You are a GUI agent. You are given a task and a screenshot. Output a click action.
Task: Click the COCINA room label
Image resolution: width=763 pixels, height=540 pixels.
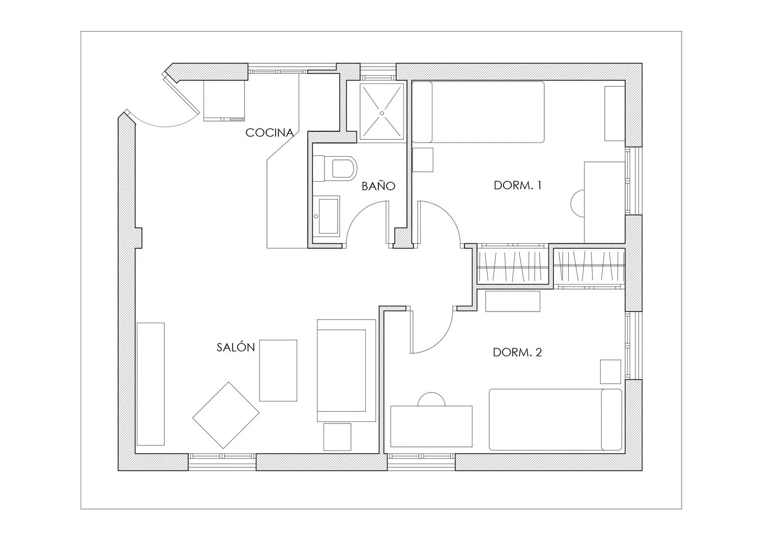(270, 133)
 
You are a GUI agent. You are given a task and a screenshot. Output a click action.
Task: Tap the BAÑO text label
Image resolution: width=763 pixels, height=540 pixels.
(378, 186)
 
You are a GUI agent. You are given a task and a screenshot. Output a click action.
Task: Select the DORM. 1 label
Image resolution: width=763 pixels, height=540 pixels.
(517, 185)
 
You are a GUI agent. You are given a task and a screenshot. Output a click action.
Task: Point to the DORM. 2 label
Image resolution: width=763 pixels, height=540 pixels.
(517, 352)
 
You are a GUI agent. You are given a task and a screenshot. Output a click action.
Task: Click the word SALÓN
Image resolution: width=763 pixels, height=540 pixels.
(236, 347)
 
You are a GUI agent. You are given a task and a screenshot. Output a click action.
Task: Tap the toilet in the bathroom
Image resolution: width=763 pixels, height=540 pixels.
(335, 168)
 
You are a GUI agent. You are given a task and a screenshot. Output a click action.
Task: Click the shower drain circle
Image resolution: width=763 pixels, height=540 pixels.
(382, 113)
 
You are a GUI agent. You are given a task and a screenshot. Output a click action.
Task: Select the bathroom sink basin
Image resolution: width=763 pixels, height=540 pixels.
(329, 216)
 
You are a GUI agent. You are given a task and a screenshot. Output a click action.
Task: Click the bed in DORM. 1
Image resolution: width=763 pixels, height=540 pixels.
(478, 112)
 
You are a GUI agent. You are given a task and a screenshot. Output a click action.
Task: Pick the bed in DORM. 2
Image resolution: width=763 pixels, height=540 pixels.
(555, 419)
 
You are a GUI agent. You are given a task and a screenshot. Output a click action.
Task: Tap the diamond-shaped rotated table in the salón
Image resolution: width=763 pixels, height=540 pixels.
(226, 415)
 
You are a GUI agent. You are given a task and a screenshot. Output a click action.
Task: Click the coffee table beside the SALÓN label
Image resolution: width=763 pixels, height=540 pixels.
(278, 371)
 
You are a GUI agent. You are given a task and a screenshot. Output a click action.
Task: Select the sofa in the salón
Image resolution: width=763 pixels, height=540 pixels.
(346, 371)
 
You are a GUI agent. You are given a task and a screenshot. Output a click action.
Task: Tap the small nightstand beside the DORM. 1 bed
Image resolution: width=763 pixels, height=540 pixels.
(423, 160)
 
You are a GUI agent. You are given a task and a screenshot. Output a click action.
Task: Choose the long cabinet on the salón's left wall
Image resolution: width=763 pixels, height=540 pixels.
(151, 384)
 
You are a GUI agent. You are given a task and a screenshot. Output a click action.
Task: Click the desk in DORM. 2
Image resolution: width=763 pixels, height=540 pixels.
(431, 426)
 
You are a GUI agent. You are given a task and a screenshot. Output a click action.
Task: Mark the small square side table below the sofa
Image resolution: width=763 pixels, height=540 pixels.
(337, 437)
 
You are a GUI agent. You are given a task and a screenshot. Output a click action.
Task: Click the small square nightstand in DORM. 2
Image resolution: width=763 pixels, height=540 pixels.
(610, 372)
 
